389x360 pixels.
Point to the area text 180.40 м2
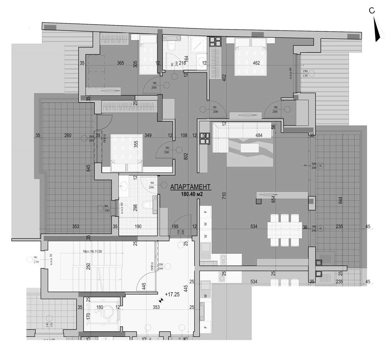[192, 194]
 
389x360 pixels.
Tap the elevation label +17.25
[172, 294]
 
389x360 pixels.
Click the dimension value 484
[259, 136]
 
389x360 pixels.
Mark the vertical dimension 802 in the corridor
[186, 156]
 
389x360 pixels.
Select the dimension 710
[224, 196]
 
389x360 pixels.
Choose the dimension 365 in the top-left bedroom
[121, 63]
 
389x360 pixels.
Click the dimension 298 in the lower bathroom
[135, 207]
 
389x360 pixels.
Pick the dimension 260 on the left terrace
[68, 136]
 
